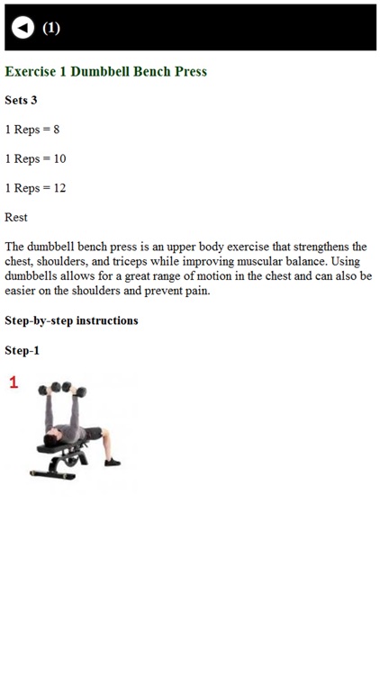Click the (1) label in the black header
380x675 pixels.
coord(51,28)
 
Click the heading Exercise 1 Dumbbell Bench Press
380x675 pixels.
coord(106,71)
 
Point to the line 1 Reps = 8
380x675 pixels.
coord(32,130)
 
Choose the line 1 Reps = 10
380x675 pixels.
coord(35,158)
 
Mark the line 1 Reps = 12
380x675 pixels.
coord(35,188)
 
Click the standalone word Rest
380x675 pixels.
coord(16,217)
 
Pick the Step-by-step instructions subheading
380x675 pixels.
coord(71,320)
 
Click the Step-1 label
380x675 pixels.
coord(22,350)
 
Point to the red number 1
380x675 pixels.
coord(14,383)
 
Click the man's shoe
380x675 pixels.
coord(113,462)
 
